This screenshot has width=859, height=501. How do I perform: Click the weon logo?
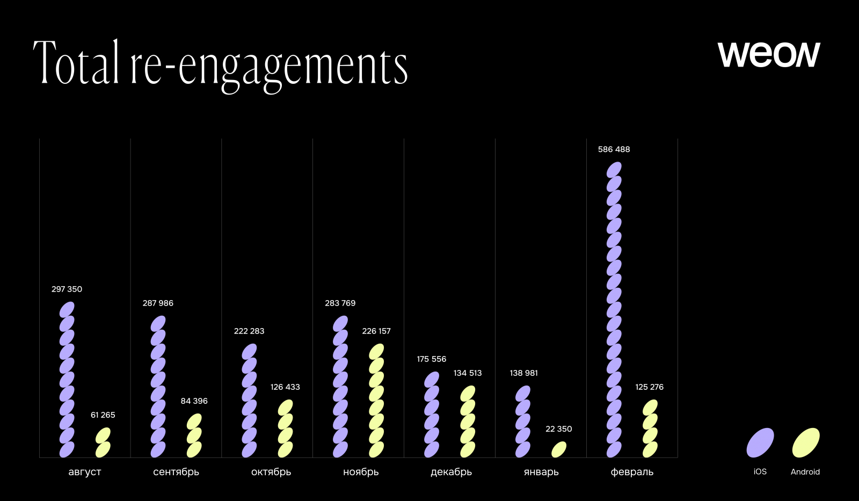769,54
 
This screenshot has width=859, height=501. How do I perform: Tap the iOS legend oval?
760,443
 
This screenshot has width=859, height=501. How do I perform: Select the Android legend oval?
806,443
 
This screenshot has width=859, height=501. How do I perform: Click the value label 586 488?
614,149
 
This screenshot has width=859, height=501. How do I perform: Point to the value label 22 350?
558,429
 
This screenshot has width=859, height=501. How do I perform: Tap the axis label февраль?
632,472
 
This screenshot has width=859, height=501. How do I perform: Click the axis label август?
85,472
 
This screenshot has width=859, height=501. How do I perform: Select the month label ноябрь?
361,472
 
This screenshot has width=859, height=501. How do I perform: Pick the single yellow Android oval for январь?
559,449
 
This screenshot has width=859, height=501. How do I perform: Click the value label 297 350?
67,289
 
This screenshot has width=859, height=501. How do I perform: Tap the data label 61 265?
103,415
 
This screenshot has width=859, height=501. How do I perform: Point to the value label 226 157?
376,331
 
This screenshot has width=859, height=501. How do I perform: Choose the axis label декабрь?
451,472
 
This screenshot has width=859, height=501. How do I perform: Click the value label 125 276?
649,387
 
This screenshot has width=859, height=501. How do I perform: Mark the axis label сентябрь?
176,472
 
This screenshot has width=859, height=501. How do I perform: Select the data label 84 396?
194,401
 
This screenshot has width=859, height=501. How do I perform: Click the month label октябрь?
271,472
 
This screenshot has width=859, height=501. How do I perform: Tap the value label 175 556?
431,359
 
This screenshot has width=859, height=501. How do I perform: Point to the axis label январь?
541,472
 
